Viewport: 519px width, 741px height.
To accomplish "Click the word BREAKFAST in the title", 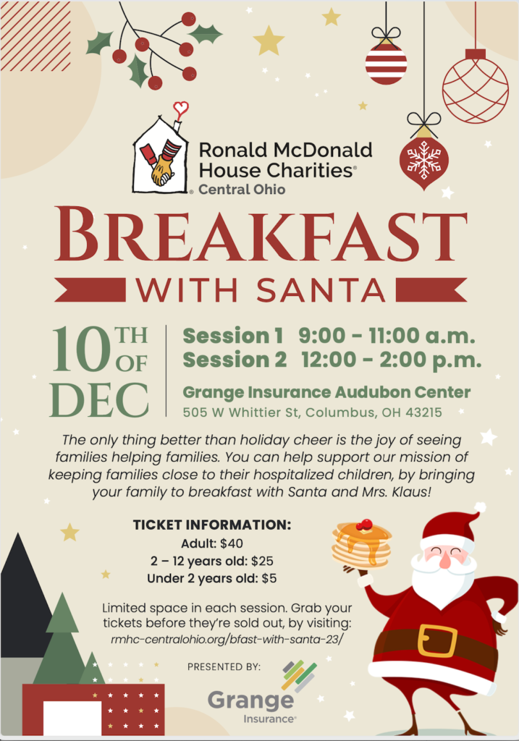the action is coord(261,235).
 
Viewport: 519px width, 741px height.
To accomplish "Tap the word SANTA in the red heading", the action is coord(321,290).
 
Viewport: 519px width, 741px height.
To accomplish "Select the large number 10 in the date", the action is coord(81,349).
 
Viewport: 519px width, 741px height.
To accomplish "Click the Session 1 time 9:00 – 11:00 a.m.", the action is coord(387,336).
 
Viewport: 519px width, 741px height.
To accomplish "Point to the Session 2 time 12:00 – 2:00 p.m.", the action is coord(392,360).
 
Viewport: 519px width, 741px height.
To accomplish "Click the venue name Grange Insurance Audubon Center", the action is coord(326,393).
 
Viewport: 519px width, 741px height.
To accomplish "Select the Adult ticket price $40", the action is coord(232,543).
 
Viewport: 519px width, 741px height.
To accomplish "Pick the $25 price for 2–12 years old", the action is coord(262,561).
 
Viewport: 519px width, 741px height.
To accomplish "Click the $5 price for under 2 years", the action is coord(269,578).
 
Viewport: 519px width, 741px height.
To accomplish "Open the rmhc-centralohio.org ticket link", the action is coord(227,640).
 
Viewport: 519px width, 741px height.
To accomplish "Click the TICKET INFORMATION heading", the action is coord(212,525).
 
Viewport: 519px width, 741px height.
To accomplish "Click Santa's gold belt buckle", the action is coord(437,641).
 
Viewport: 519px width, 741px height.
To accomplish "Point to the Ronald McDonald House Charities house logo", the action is coord(161,153).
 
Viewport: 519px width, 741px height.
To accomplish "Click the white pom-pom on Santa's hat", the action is coord(480,508).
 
